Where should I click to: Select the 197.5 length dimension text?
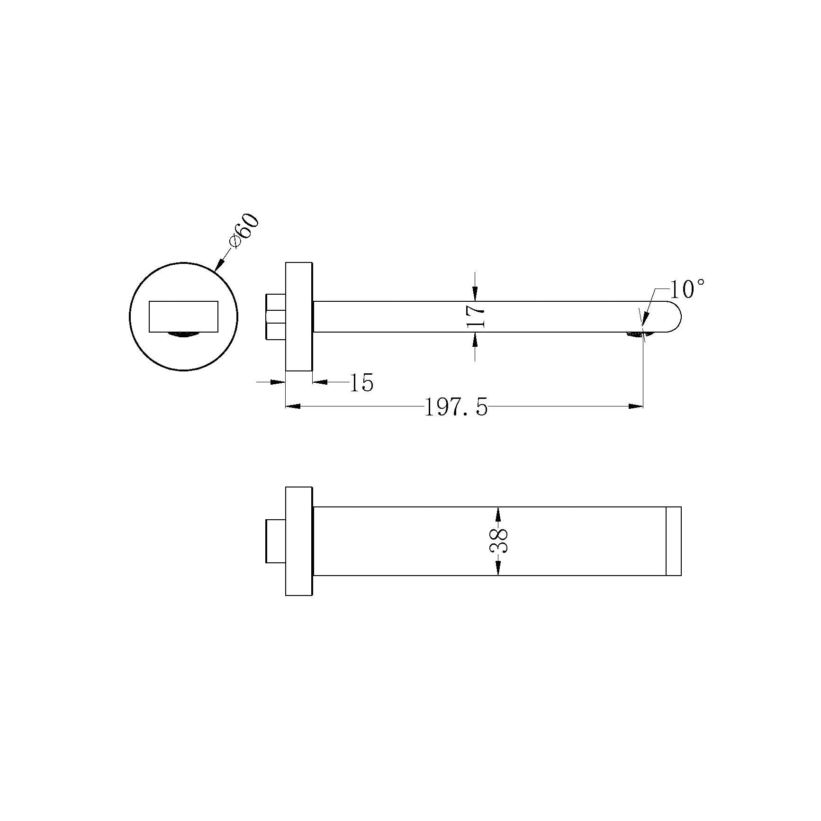pyautogui.click(x=456, y=407)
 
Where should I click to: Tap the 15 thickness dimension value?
pyautogui.click(x=361, y=382)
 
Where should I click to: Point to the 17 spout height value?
pyautogui.click(x=475, y=316)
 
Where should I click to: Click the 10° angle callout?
pyautogui.click(x=686, y=289)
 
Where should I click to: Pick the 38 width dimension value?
pyautogui.click(x=498, y=541)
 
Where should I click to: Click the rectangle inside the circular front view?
pyautogui.click(x=183, y=316)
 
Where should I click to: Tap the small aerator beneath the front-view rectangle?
pyautogui.click(x=183, y=335)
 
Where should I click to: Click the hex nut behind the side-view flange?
pyautogui.click(x=276, y=316)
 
